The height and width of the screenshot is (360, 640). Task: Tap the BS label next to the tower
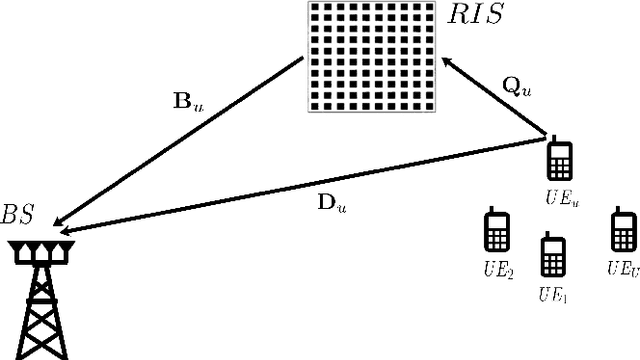pyautogui.click(x=19, y=215)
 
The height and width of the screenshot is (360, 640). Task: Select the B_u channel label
pyautogui.click(x=188, y=100)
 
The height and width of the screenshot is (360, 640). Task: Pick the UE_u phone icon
pyautogui.click(x=560, y=158)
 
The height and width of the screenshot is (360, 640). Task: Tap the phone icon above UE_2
pyautogui.click(x=496, y=231)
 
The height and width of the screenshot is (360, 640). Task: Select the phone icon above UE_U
pyautogui.click(x=624, y=231)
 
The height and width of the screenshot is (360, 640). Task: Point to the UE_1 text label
pyautogui.click(x=552, y=294)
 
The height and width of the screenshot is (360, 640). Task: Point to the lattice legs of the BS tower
pyautogui.click(x=39, y=315)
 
